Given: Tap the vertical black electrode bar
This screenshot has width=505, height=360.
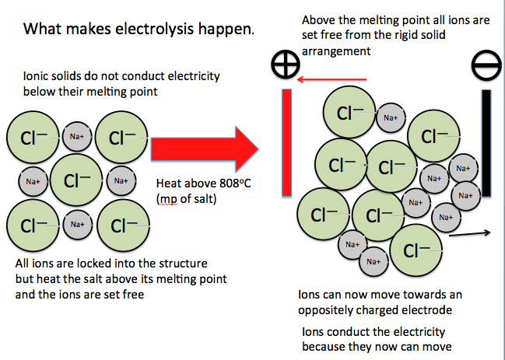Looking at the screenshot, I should pyautogui.click(x=487, y=143).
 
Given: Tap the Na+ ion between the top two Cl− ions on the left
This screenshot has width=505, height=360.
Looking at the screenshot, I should pyautogui.click(x=77, y=137).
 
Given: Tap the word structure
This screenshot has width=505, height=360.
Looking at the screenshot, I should pyautogui.click(x=181, y=264).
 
